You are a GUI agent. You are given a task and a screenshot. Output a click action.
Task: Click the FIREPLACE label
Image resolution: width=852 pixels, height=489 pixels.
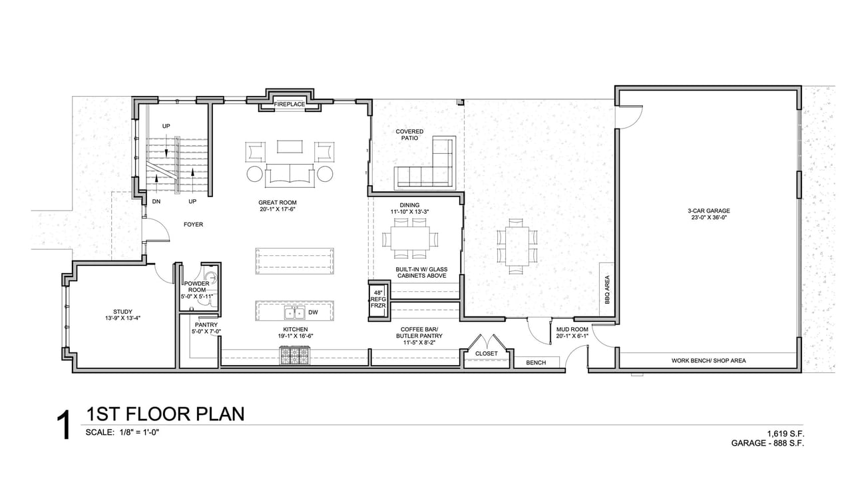[290, 104]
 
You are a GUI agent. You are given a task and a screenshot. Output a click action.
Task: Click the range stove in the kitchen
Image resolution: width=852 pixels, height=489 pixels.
[295, 355]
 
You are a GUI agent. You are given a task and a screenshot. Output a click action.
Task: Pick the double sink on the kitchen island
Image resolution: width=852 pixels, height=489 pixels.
[294, 313]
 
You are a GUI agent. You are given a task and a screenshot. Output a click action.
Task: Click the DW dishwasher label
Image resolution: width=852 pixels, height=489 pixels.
[313, 312]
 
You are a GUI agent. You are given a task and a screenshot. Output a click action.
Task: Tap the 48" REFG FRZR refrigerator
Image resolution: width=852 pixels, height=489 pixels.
[378, 299]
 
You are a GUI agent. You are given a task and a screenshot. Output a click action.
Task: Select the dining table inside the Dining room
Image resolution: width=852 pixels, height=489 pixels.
[411, 239]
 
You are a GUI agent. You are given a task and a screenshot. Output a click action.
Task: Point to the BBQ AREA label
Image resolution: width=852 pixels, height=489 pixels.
[607, 289]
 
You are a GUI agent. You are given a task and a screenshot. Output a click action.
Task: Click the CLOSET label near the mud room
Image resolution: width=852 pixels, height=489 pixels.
[486, 353]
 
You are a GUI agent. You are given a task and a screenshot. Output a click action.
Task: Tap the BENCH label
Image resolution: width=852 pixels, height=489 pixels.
[536, 362]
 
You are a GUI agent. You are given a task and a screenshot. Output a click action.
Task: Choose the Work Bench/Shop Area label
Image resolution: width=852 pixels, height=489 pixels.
[709, 360]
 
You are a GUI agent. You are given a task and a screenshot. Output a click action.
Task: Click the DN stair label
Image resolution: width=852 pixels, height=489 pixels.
[156, 201]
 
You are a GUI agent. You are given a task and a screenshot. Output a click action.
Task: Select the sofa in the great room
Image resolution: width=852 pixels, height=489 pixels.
[290, 175]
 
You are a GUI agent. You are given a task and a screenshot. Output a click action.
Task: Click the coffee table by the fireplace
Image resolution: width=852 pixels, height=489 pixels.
[290, 147]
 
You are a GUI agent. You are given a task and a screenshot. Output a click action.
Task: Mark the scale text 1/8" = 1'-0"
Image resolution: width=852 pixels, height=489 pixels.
[139, 432]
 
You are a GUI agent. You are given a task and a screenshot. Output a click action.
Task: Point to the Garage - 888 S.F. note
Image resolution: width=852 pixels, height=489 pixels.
[767, 443]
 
